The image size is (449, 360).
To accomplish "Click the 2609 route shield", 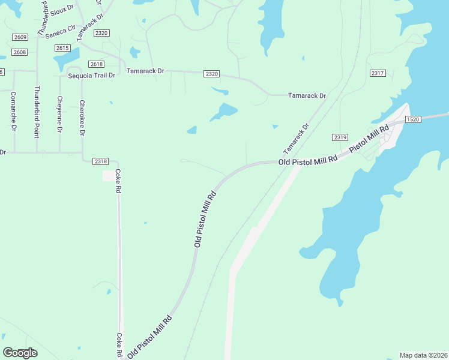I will (x=20, y=37).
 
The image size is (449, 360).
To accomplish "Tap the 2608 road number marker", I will (x=20, y=52).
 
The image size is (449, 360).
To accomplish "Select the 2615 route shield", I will (x=62, y=48).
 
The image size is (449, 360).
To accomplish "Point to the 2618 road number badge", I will (x=96, y=64).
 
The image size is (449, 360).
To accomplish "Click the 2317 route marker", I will (x=378, y=73).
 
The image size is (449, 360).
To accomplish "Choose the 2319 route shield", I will (x=340, y=137).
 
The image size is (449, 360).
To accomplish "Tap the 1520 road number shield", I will (x=412, y=119).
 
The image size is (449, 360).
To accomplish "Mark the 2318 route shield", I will (x=101, y=161).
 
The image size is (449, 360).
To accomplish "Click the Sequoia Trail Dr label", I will (x=91, y=76).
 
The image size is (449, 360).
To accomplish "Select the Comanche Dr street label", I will (x=13, y=112).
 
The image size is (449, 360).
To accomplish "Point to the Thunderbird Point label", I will (x=37, y=112).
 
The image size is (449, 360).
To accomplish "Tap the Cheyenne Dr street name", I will (x=59, y=114).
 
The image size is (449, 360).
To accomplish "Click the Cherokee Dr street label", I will (x=82, y=118).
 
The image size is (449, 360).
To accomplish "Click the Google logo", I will (x=20, y=353).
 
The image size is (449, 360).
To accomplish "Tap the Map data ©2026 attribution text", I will (x=423, y=355).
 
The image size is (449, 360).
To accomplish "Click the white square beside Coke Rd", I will (x=109, y=175).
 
